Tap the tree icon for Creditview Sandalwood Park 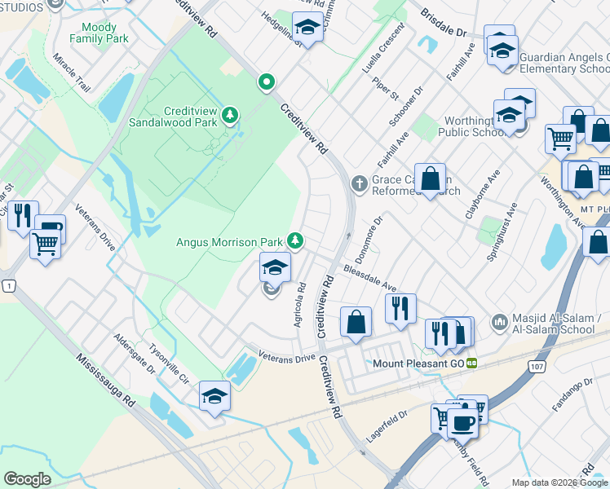click(x=231, y=115)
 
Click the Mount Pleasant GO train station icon click(x=471, y=363)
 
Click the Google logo click(x=27, y=478)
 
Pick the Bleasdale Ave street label click(x=369, y=279)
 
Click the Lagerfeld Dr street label click(x=387, y=426)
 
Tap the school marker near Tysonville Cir click(x=215, y=396)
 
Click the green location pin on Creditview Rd click(x=265, y=81)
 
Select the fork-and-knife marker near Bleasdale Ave click(x=400, y=308)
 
